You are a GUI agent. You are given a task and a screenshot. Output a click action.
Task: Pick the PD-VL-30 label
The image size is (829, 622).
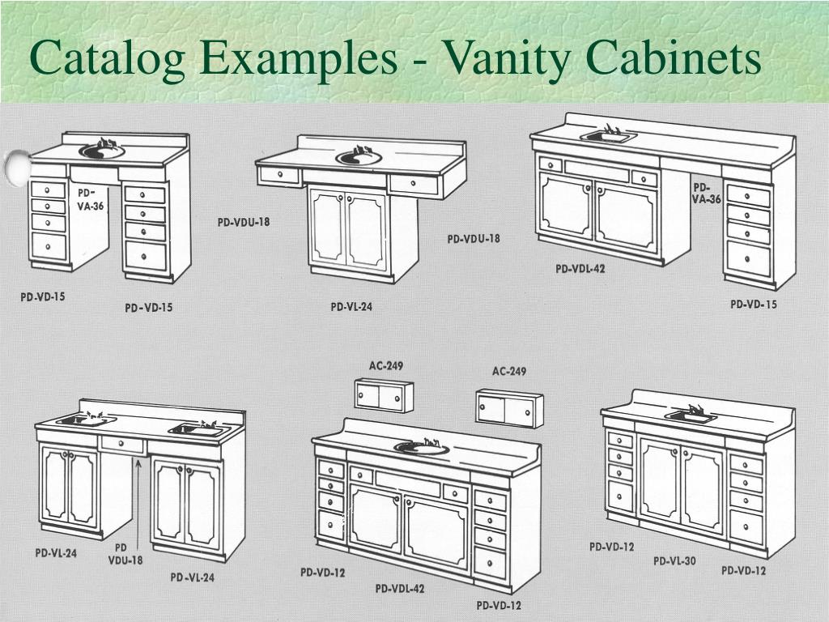674,560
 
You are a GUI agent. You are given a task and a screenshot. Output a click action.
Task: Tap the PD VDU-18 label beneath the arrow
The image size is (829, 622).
125,554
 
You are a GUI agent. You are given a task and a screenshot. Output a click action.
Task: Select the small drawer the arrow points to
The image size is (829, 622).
122,445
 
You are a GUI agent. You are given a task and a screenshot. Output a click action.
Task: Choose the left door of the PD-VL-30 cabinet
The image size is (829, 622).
660,478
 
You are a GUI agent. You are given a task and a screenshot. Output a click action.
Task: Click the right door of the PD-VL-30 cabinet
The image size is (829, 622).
704,487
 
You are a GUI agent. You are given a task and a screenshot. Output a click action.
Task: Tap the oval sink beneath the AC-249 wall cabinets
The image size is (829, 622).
420,447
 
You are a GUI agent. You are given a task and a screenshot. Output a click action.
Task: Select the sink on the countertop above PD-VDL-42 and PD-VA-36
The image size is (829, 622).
608,137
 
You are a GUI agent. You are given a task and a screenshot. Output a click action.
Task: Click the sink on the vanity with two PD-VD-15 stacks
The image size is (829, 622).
102,151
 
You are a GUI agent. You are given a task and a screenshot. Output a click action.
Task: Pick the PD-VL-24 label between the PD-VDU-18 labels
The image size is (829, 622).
351,307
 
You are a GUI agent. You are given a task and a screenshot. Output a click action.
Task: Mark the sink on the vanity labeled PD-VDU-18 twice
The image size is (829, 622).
358,156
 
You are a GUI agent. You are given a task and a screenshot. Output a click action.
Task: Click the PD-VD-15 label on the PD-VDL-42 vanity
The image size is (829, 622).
754,305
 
